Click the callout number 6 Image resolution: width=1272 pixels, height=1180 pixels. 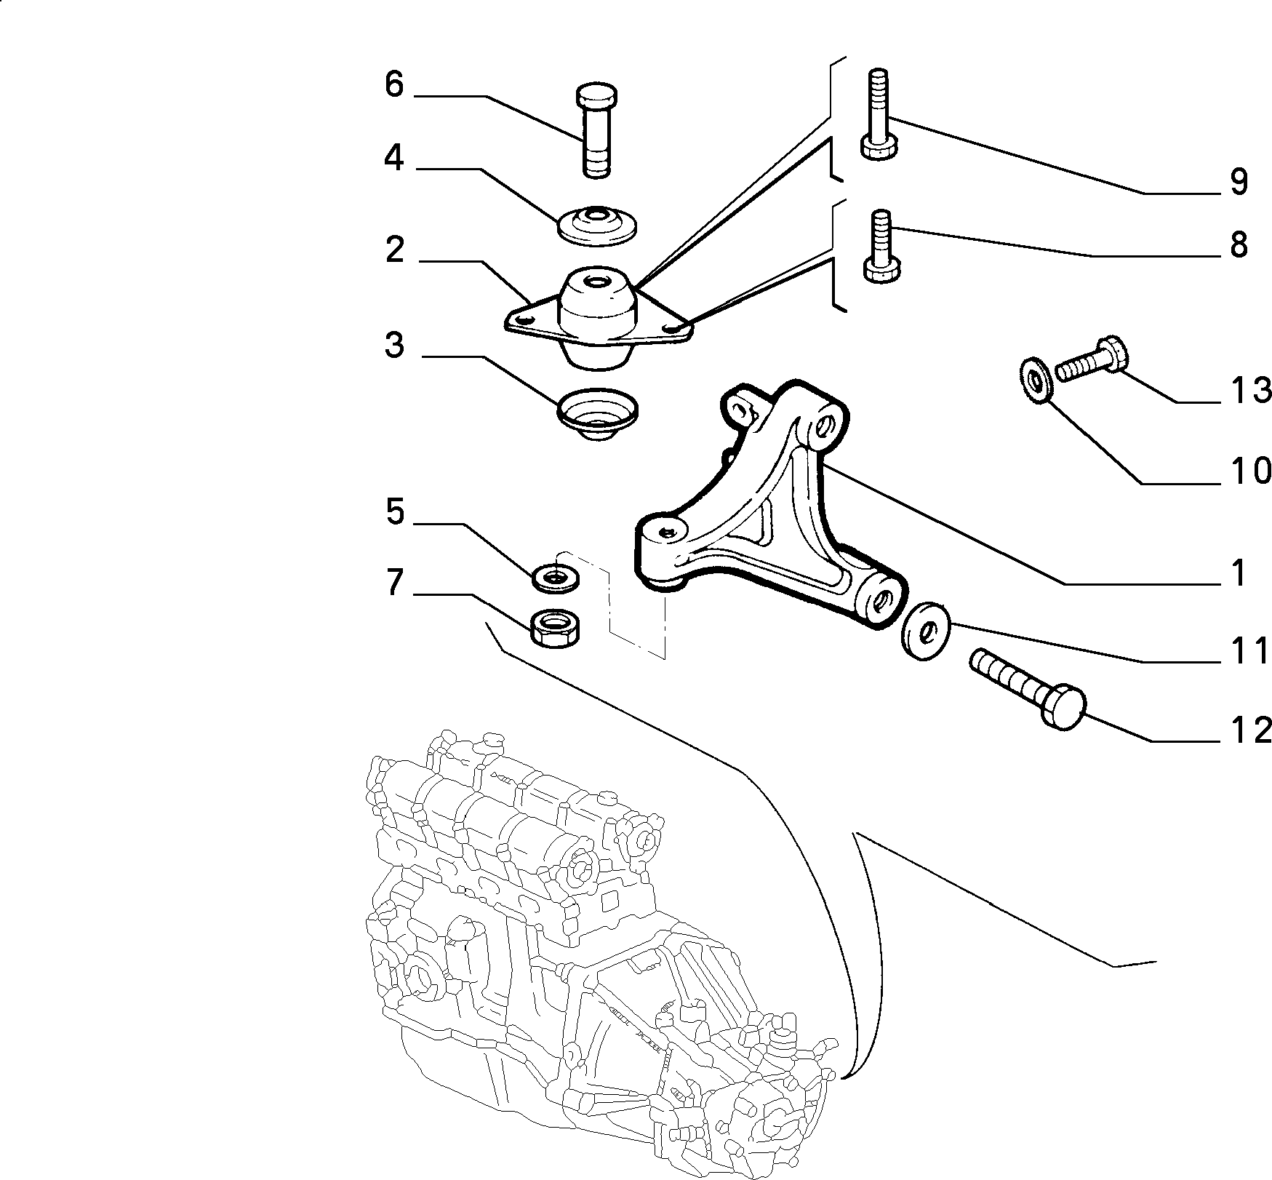(x=393, y=84)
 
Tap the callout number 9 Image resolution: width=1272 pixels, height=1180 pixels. (x=1239, y=181)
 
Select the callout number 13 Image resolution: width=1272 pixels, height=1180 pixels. (x=1250, y=391)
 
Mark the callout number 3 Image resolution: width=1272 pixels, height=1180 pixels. (x=393, y=346)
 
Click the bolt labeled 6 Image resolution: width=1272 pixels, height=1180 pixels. (x=597, y=130)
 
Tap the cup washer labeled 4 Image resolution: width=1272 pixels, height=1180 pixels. (x=597, y=222)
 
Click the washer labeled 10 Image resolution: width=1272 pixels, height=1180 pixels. (x=1033, y=378)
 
